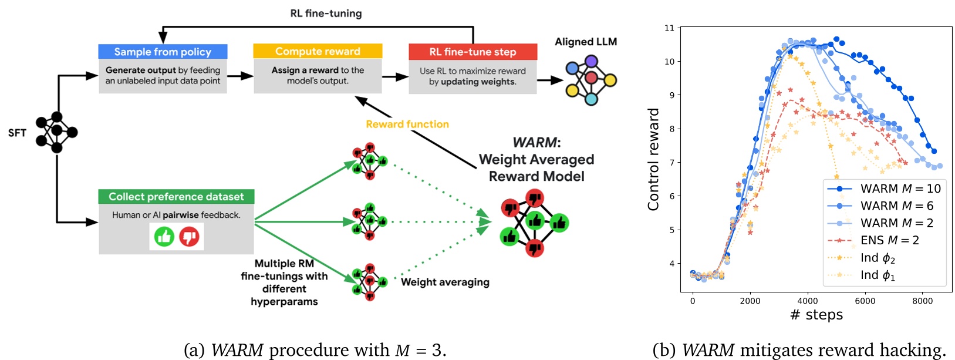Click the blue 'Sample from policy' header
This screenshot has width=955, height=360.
coord(163,52)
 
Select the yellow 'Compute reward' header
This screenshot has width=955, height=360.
coord(318,51)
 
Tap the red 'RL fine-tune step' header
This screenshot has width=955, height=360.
coord(473,52)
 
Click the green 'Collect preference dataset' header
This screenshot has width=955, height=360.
coord(176,197)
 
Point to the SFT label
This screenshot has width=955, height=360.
coord(17,133)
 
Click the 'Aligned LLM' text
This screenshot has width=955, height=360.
coord(586,42)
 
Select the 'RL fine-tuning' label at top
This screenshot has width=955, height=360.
coord(326,13)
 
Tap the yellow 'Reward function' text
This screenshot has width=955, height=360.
coord(407,124)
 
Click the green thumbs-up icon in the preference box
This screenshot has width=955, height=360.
coord(164,237)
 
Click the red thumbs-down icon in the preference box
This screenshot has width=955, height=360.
coord(189,237)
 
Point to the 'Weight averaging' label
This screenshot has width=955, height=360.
coord(445,282)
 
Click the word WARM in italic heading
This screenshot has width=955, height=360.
coord(536,142)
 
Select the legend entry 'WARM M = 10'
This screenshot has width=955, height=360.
coord(900,189)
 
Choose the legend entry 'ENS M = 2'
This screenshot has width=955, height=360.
coord(889,240)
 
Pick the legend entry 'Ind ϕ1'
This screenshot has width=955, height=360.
coord(878,275)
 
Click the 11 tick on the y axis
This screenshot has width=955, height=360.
coord(669,28)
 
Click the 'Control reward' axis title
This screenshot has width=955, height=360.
coord(653,159)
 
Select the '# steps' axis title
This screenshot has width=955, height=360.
coord(816,315)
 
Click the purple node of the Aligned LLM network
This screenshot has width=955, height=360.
coord(591,61)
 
